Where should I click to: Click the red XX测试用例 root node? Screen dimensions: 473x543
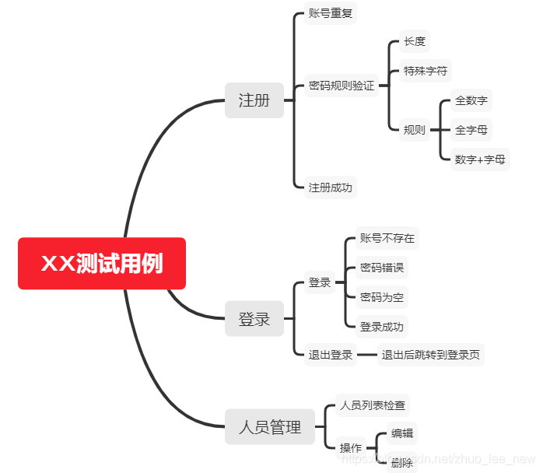(x=102, y=264)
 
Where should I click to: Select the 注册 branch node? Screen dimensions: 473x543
(x=254, y=100)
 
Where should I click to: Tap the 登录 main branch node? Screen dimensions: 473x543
(x=254, y=318)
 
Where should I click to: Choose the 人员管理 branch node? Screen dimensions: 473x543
(x=270, y=426)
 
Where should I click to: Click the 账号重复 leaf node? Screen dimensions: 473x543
(x=331, y=14)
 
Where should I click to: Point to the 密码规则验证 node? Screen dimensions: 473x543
(x=342, y=86)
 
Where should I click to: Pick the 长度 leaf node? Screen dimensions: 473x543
(x=415, y=42)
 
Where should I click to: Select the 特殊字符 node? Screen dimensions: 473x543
(x=425, y=71)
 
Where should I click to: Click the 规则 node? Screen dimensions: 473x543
(x=415, y=130)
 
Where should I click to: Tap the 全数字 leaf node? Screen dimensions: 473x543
(x=471, y=100)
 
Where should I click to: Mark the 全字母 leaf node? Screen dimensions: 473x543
(x=471, y=130)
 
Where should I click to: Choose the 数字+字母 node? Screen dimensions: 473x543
(x=481, y=159)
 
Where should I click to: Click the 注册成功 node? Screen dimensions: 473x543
(x=331, y=187)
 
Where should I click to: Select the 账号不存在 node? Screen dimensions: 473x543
(x=387, y=238)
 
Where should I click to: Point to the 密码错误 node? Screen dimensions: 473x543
(x=382, y=268)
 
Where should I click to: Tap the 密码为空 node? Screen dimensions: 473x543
(x=382, y=297)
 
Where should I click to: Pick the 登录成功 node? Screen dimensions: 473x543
(x=382, y=327)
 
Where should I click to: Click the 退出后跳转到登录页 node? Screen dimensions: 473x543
(x=431, y=356)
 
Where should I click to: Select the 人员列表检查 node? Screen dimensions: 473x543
(x=372, y=405)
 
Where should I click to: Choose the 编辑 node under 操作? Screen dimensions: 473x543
(x=402, y=434)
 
